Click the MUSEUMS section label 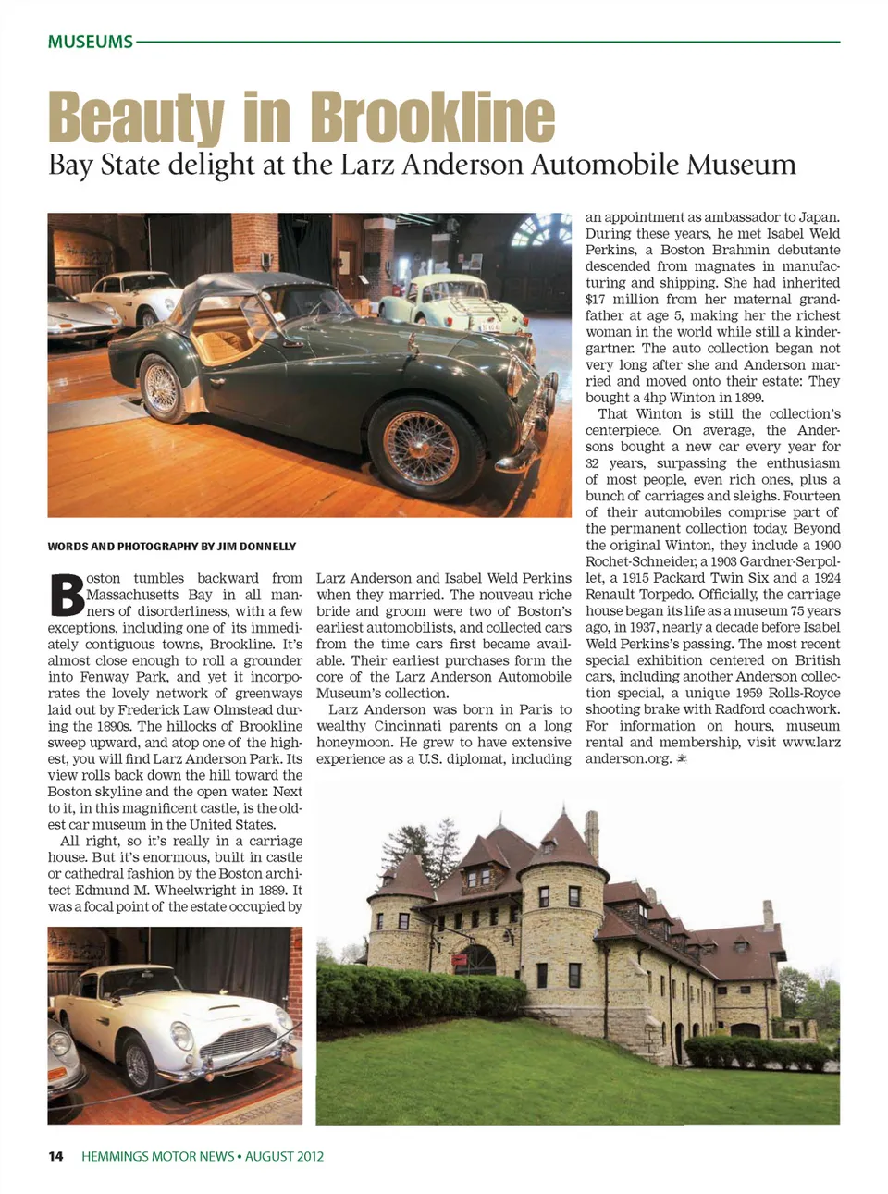(90, 42)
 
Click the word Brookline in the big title (432, 118)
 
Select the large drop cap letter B (66, 595)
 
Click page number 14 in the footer (56, 1156)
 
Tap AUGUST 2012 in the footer (285, 1156)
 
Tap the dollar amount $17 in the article (595, 300)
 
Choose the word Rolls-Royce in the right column (808, 694)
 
